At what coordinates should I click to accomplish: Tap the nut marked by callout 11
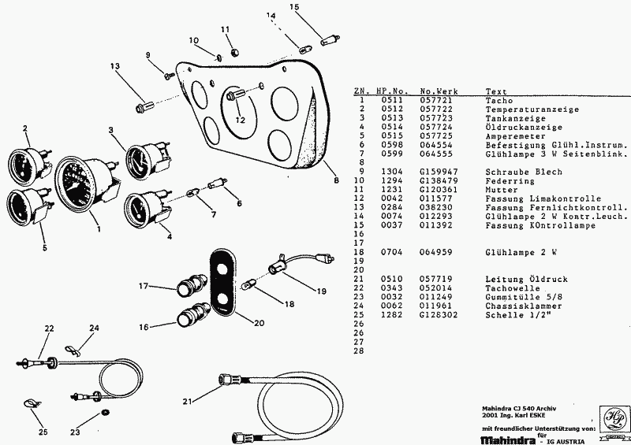pos(235,52)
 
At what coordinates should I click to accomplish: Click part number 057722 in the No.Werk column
pos(436,109)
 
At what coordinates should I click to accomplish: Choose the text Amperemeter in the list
pos(515,136)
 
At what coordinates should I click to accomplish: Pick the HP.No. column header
pos(392,91)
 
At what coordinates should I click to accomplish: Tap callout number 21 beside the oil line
pos(187,401)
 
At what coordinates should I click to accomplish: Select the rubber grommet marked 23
pos(106,412)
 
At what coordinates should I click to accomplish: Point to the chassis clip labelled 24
pos(73,350)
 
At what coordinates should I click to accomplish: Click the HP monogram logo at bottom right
pos(614,419)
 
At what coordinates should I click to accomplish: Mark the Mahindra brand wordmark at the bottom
pos(508,440)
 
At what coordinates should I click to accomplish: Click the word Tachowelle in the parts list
pos(512,287)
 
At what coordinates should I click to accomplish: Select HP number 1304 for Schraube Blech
pos(391,172)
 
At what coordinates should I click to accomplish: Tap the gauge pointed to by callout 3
pos(147,161)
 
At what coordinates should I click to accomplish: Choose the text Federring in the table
pos(510,180)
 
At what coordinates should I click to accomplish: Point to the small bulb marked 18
pos(246,286)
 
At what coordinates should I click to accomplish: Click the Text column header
pos(496,91)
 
